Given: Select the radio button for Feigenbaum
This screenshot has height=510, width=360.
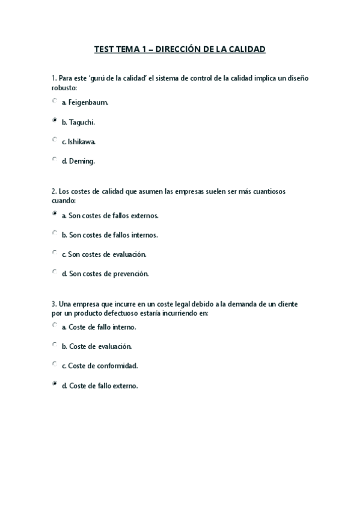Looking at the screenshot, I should (x=55, y=101).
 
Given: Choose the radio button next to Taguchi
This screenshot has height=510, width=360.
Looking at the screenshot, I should (x=55, y=120).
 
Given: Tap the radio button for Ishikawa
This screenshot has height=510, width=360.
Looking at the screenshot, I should (x=55, y=140).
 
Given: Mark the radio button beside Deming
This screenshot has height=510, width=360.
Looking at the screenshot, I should (x=55, y=159).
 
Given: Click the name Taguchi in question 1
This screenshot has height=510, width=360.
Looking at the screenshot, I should (x=82, y=122).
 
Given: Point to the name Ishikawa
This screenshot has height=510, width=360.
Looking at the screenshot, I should (x=82, y=142).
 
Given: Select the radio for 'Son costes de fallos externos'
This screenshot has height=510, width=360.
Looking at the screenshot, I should (x=55, y=214).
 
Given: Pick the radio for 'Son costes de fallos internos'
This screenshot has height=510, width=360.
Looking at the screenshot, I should (x=55, y=233).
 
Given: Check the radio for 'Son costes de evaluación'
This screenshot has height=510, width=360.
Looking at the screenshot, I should (x=55, y=253).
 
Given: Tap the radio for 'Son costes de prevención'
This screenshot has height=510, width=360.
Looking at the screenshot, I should (x=55, y=272).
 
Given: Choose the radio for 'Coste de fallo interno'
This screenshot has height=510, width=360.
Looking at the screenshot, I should (x=55, y=325).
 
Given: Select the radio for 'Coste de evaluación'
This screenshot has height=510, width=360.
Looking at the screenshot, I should (x=55, y=345).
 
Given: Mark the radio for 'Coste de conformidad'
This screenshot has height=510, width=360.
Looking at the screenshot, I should (x=55, y=364).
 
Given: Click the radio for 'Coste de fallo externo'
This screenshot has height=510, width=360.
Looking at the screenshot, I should (x=55, y=383).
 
